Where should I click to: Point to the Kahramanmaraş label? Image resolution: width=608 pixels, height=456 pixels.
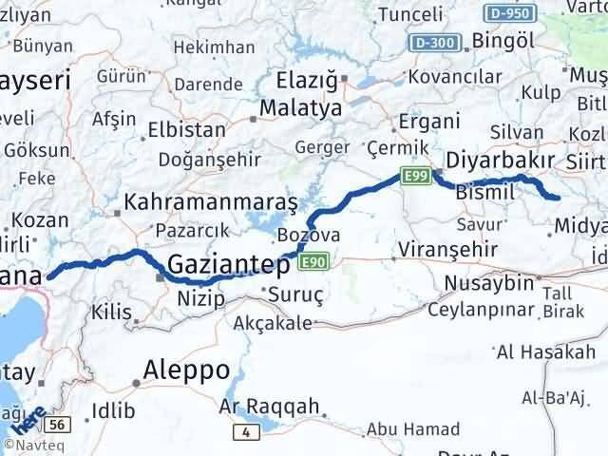212,202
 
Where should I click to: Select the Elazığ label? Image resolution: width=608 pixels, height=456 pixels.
306,82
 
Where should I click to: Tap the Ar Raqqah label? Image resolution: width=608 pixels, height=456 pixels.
269,407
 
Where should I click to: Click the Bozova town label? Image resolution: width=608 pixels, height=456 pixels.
309,235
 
